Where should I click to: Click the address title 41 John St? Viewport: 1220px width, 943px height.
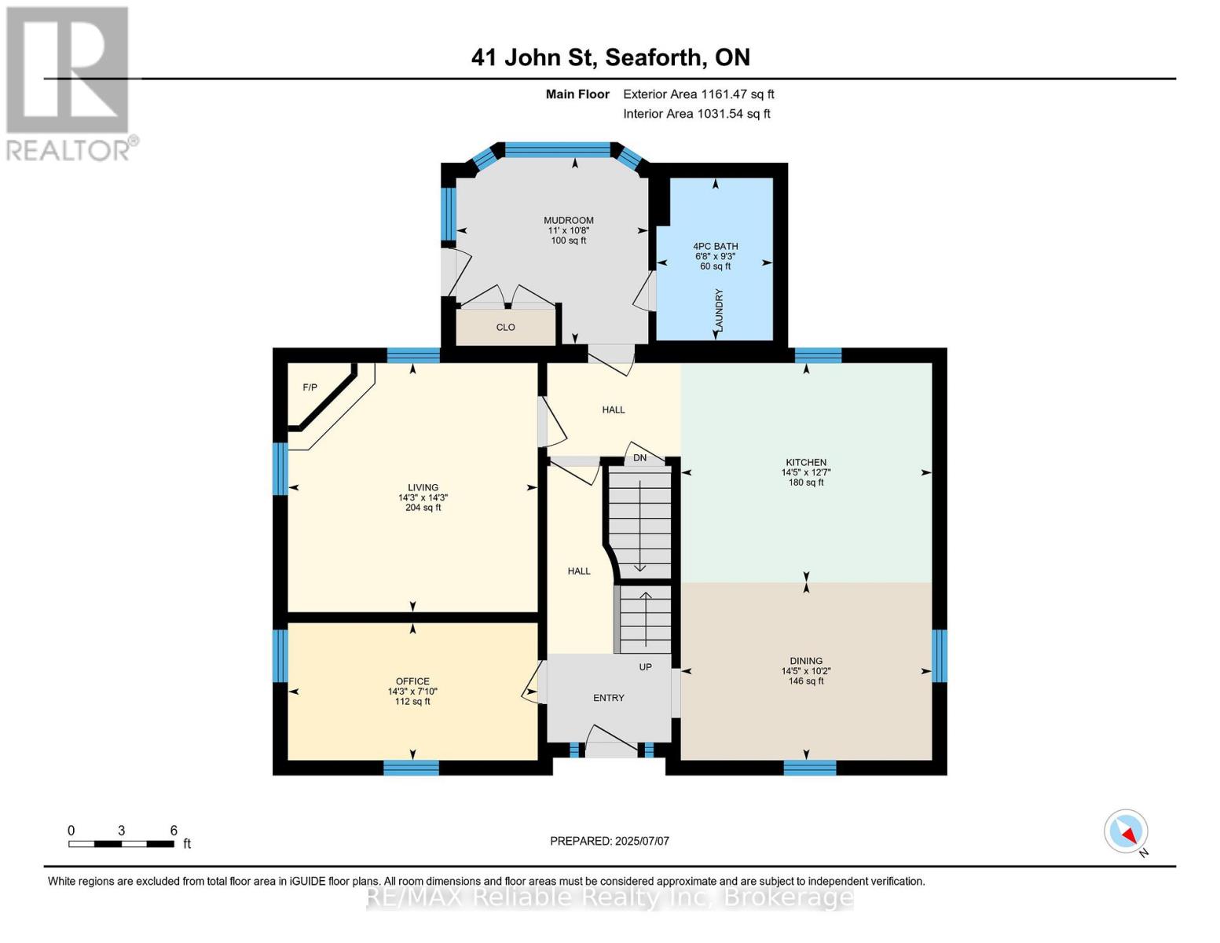(610, 57)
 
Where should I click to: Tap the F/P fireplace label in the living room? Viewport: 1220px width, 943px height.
(310, 387)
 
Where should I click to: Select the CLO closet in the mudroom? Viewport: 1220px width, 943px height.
(505, 327)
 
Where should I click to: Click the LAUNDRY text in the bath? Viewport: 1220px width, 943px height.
(719, 310)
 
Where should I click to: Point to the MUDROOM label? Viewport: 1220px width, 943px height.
(569, 221)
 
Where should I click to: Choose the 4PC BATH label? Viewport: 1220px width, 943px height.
(715, 246)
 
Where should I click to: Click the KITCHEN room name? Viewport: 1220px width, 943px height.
(806, 463)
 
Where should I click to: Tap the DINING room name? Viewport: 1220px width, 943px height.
(806, 661)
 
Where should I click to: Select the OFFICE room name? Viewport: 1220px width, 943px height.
(412, 681)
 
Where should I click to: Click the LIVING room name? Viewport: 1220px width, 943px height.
(423, 487)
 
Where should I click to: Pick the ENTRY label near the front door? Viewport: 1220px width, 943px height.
(609, 698)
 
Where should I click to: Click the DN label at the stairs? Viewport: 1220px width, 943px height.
(639, 458)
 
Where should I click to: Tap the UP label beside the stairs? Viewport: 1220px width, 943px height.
(645, 667)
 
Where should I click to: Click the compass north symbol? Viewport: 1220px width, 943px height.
(1127, 831)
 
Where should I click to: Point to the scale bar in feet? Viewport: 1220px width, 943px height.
(121, 844)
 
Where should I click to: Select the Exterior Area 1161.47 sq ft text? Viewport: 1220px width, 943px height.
(698, 94)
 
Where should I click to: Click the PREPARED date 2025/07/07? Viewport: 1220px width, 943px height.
(610, 841)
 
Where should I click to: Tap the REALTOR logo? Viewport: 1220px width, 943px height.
(69, 83)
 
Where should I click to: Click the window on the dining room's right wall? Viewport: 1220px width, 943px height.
(939, 655)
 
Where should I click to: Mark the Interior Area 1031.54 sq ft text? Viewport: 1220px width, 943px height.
(697, 114)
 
